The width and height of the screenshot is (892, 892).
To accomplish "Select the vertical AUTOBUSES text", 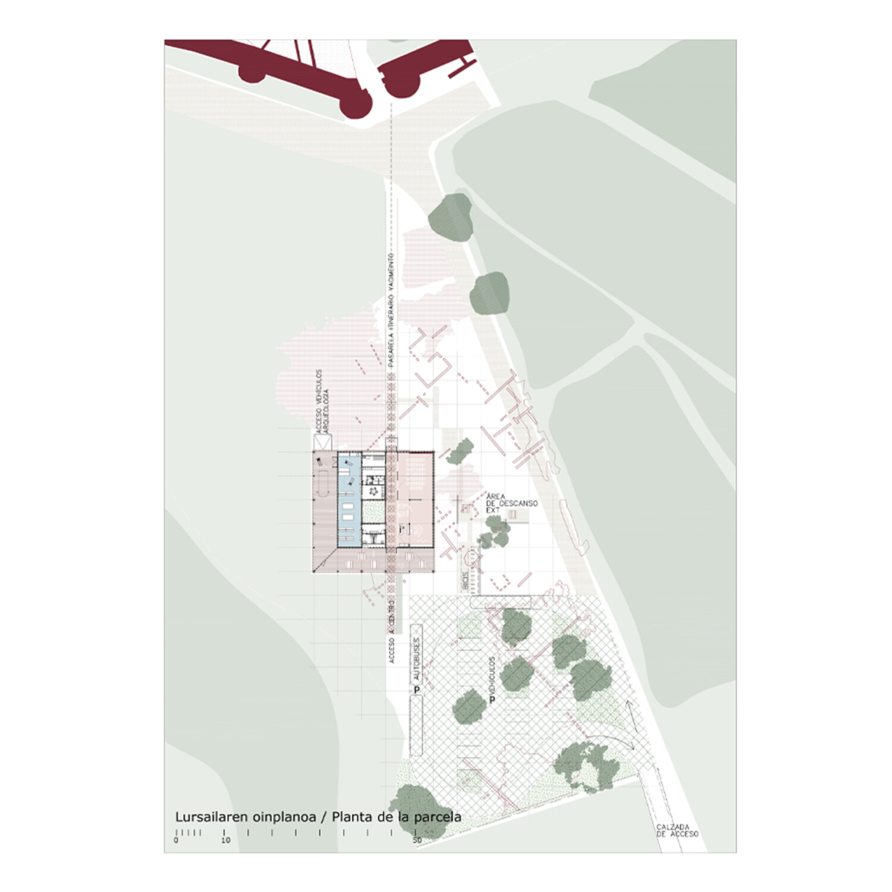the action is (416, 660).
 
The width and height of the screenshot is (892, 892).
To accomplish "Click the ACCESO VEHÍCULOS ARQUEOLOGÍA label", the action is (322, 401).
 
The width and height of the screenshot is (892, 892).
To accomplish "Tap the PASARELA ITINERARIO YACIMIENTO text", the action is (391, 315).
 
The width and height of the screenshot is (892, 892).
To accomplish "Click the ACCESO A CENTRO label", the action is (391, 630).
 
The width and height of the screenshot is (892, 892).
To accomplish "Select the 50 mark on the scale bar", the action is (417, 840).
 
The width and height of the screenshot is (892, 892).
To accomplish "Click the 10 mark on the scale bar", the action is (225, 840).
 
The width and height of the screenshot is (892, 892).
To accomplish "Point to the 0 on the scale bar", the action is (176, 840).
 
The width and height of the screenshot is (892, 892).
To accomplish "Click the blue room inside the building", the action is (348, 500).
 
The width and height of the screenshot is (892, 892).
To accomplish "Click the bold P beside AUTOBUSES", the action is (417, 690).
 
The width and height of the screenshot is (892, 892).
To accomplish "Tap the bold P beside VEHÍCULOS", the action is (492, 700).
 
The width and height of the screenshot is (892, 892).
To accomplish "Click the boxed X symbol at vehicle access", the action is (323, 442).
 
